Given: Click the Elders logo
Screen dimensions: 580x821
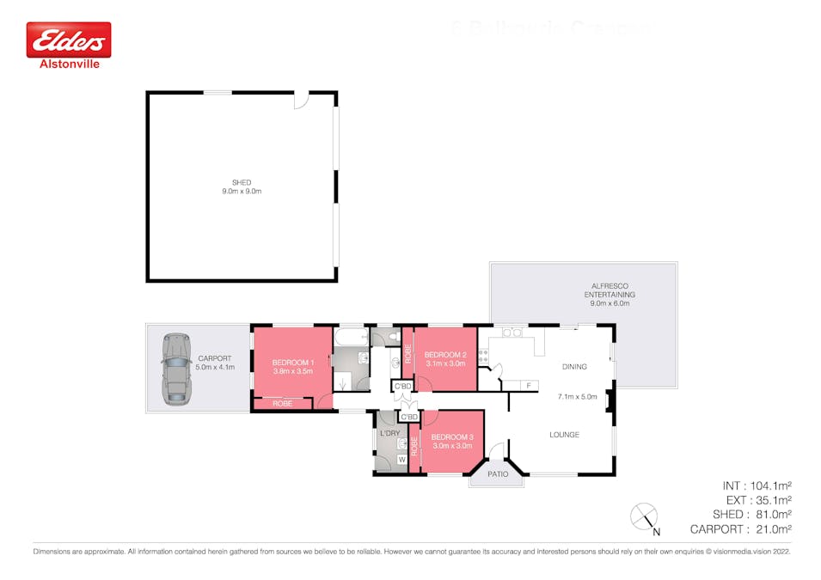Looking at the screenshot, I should pyautogui.click(x=69, y=40).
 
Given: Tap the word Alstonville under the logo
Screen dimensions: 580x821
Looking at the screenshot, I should pyautogui.click(x=69, y=64).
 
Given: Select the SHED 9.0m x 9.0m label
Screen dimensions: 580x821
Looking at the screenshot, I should pyautogui.click(x=242, y=186).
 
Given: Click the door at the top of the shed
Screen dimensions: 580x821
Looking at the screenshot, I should pyautogui.click(x=301, y=100).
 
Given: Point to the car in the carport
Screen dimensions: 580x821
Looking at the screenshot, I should pyautogui.click(x=177, y=369).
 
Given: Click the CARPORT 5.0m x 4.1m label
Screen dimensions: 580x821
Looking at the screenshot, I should pyautogui.click(x=214, y=363).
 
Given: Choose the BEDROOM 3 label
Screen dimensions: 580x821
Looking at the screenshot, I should pyautogui.click(x=452, y=442).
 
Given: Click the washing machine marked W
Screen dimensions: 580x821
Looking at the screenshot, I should pyautogui.click(x=401, y=459).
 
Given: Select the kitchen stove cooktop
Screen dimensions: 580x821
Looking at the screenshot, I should pyautogui.click(x=483, y=354).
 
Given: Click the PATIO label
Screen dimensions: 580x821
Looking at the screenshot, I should pyautogui.click(x=497, y=473).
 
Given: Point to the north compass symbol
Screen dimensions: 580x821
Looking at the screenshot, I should pyautogui.click(x=645, y=516).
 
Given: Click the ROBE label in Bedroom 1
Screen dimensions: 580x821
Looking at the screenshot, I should pyautogui.click(x=282, y=403).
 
